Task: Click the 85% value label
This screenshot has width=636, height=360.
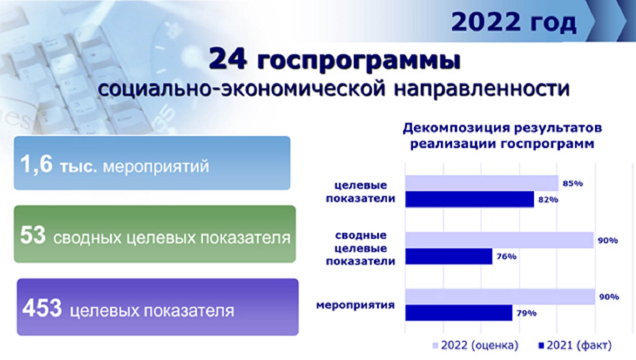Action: (573, 183)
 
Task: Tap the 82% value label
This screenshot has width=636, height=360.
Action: (548, 200)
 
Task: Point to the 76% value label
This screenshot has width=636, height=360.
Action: (507, 256)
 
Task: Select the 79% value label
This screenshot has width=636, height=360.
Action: (527, 313)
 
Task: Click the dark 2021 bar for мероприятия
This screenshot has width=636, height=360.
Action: (459, 313)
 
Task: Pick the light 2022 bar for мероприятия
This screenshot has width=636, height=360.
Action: (501, 297)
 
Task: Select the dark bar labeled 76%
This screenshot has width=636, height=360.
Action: (449, 256)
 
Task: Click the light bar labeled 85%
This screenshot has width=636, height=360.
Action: (482, 183)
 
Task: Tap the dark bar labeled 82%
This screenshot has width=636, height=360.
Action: (470, 199)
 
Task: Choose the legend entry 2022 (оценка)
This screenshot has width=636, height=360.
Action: (475, 345)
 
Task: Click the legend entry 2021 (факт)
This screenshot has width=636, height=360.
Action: (575, 345)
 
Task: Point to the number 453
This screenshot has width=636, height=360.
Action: (42, 308)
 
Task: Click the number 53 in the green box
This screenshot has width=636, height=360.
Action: (33, 235)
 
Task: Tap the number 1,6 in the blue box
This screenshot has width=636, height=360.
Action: (36, 165)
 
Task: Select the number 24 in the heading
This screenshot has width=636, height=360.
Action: (227, 59)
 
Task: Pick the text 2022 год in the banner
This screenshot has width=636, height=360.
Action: (514, 22)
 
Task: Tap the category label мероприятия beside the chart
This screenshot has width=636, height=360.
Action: (355, 306)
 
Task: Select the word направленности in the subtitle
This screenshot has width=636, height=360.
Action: (482, 88)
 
